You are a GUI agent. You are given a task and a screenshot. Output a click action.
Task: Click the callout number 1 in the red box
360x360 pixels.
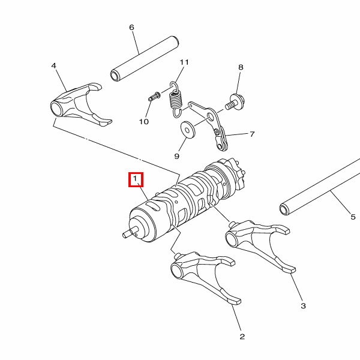click(x=135, y=178)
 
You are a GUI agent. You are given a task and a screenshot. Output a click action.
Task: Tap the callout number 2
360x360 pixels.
click(x=242, y=337)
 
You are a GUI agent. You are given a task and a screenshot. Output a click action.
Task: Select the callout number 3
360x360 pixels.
click(x=303, y=306)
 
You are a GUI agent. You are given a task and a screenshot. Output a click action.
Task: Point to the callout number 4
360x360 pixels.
click(x=53, y=66)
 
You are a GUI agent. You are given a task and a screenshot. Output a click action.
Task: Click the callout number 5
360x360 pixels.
click(x=353, y=217)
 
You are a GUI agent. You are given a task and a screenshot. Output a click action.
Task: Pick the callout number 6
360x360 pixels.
click(x=131, y=28)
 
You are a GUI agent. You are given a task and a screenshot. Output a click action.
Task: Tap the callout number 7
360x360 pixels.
click(x=252, y=134)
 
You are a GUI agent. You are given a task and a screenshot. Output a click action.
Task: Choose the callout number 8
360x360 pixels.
click(x=241, y=67)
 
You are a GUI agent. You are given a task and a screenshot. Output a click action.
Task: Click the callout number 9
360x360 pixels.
click(x=176, y=157)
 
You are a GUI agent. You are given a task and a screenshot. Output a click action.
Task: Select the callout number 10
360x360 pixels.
click(x=144, y=121)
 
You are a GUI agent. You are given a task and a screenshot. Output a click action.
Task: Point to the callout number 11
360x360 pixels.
click(x=184, y=62)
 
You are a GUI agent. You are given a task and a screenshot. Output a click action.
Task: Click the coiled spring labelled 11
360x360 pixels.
click(x=176, y=100)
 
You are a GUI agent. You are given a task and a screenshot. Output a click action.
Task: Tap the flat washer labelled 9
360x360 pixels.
click(x=188, y=130)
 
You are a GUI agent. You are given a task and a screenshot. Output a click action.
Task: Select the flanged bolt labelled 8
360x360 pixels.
click(x=235, y=102)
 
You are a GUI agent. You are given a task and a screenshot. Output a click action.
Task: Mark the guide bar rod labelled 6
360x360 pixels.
click(x=145, y=59)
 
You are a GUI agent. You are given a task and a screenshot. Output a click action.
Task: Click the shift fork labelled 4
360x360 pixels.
click(x=78, y=104)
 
